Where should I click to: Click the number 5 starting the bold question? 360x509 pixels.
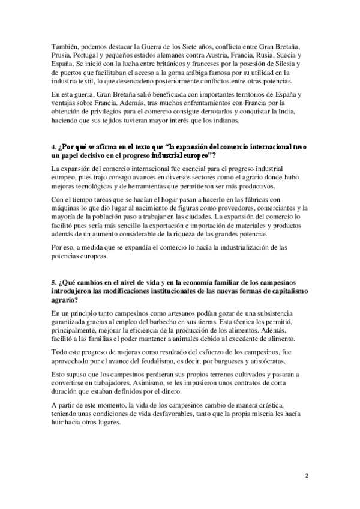54,282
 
